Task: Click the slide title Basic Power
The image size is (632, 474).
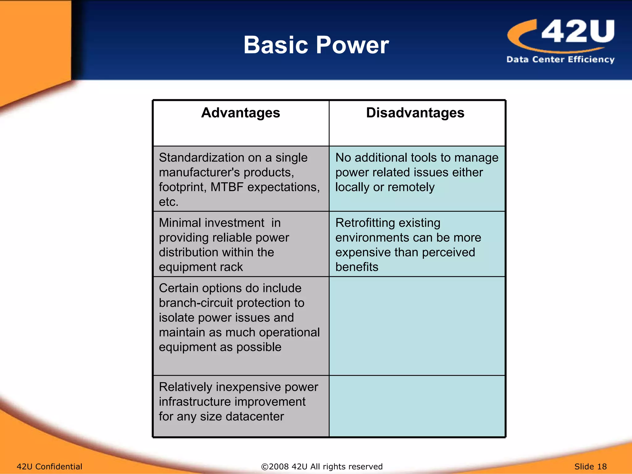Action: point(316,45)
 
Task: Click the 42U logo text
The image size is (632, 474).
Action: point(578,31)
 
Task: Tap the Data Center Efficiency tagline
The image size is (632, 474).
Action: point(560,59)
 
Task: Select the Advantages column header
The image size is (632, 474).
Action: point(240,113)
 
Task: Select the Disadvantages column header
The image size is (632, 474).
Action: point(415,113)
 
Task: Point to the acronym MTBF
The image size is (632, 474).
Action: point(227,187)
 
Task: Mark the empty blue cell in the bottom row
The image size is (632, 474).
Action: point(417,406)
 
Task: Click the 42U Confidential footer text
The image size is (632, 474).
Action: point(49,466)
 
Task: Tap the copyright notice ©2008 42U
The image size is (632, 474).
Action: point(322,466)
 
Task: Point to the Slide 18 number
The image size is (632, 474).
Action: point(590,466)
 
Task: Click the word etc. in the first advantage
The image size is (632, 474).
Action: point(168,202)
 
